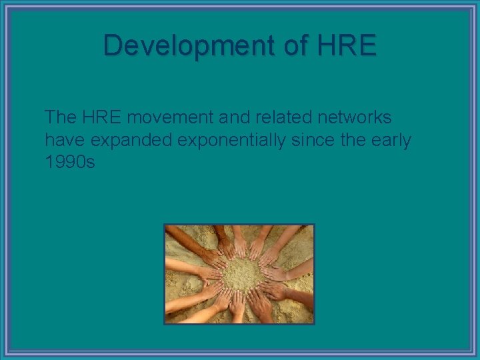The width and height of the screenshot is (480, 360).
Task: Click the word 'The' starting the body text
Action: pos(61,117)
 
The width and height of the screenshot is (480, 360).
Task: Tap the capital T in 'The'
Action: pos(50,117)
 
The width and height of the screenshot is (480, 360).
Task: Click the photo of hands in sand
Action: pos(239,274)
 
